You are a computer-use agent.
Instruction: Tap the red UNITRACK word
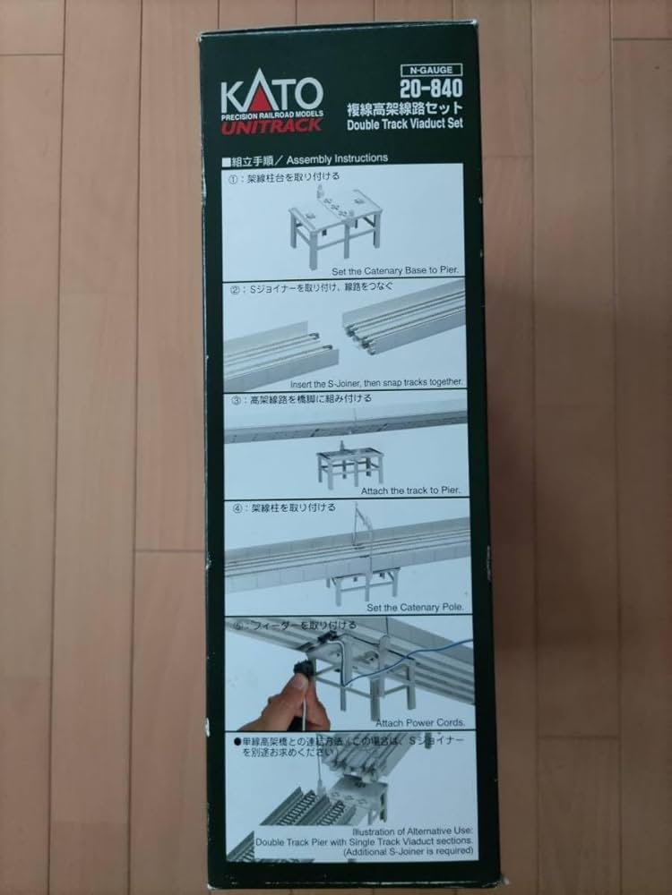click(272, 125)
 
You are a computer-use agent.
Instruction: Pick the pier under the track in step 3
click(349, 465)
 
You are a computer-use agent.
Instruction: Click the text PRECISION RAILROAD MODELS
click(271, 115)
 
